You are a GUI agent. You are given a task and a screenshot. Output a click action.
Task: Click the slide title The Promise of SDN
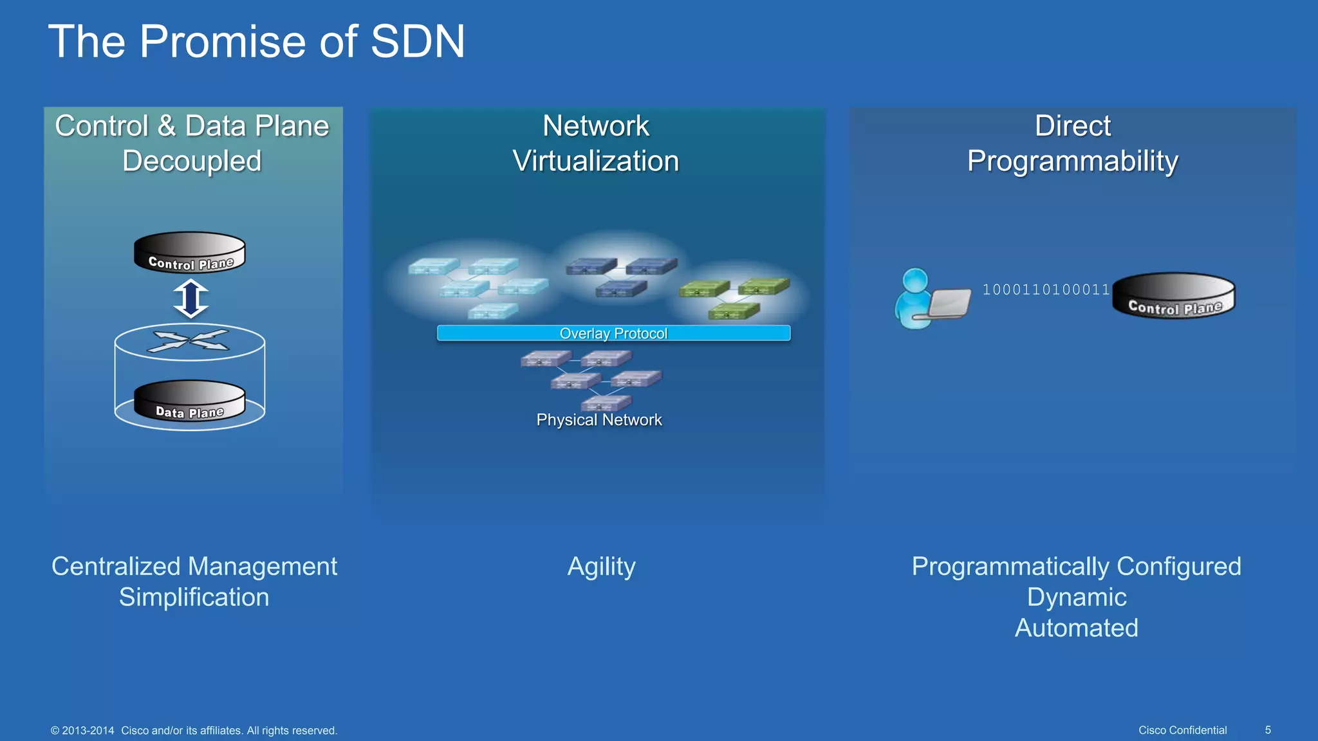[256, 42]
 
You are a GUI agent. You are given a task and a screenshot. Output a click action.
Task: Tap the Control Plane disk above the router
[190, 253]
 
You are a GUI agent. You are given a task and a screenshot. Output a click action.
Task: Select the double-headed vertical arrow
[190, 298]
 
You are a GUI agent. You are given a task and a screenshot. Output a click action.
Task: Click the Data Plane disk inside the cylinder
[190, 401]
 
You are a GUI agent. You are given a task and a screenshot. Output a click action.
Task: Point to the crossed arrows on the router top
[189, 340]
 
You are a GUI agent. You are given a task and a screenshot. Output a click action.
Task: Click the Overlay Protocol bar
[613, 333]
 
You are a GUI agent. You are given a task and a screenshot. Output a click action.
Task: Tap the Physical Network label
[599, 420]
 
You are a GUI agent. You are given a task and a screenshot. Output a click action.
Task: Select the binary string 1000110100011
[1046, 289]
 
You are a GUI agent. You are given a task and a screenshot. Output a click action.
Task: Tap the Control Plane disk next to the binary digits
[1174, 296]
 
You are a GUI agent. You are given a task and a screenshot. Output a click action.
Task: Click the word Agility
[601, 567]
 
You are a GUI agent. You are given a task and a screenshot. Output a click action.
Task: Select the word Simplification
[194, 598]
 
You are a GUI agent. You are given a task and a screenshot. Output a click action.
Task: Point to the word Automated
[1076, 628]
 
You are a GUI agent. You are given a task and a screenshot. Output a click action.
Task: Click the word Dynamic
[1076, 598]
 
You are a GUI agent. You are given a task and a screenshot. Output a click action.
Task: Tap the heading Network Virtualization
[596, 143]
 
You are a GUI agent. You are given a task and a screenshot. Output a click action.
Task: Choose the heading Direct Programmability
[1072, 143]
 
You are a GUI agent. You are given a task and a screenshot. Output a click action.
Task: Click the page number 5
[1268, 730]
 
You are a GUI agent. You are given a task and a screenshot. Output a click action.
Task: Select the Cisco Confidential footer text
[1182, 730]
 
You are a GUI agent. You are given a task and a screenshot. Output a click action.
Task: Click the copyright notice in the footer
[194, 731]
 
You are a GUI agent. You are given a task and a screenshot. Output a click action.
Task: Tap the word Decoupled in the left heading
[192, 161]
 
